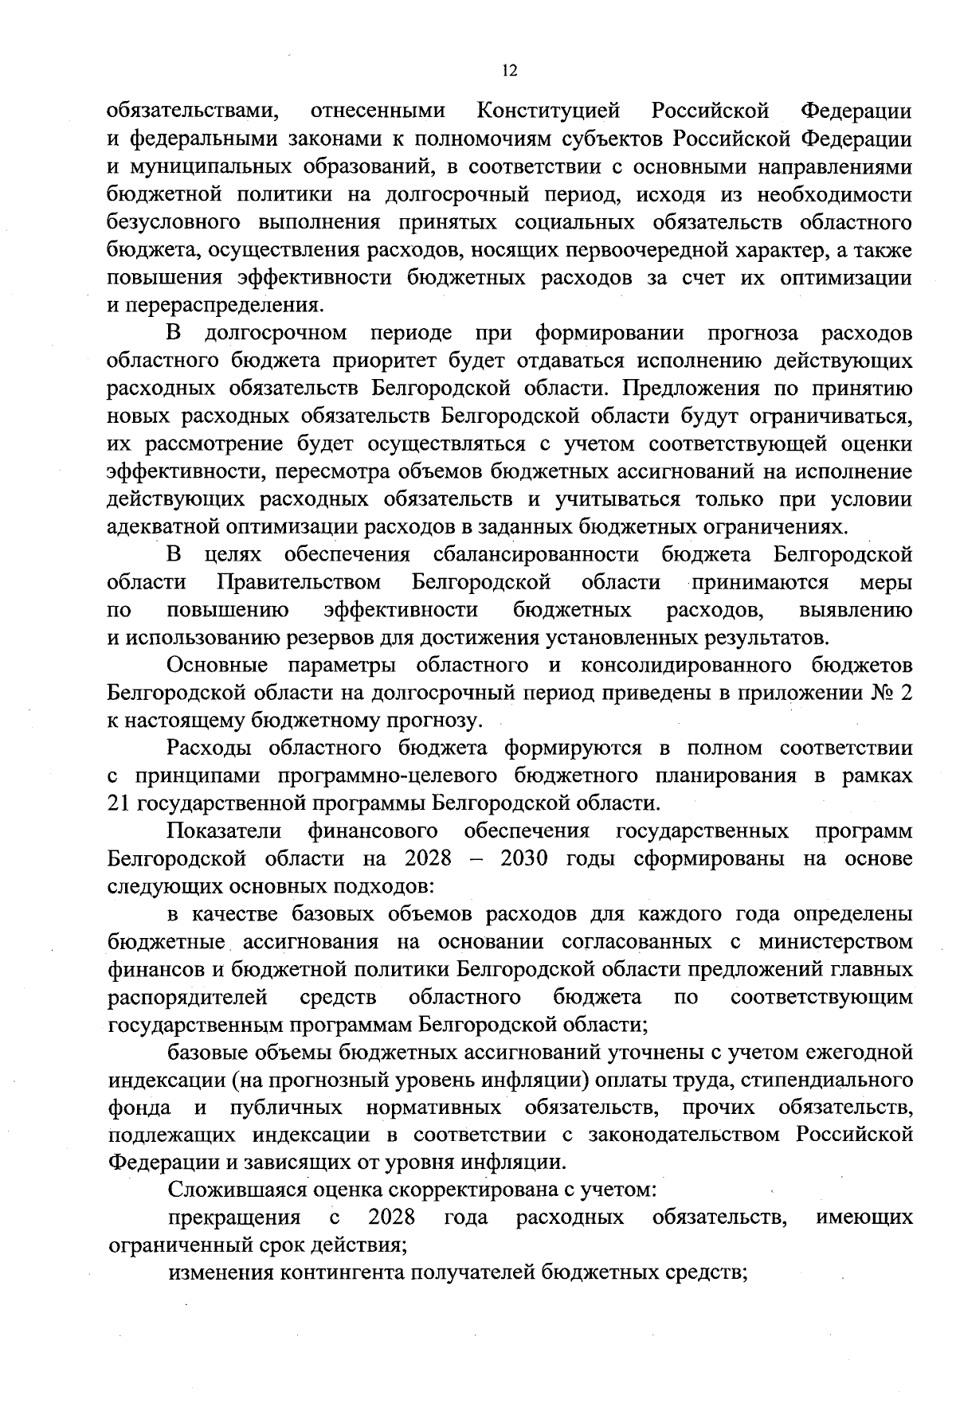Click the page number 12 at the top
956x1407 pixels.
[510, 71]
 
